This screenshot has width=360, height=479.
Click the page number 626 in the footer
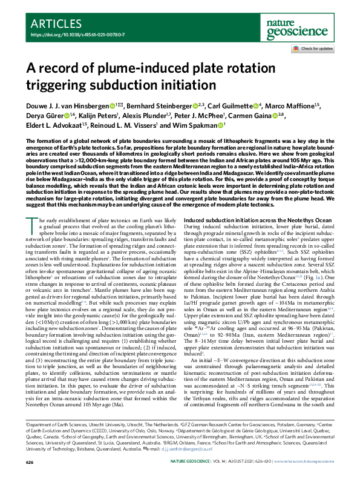[30, 461]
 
